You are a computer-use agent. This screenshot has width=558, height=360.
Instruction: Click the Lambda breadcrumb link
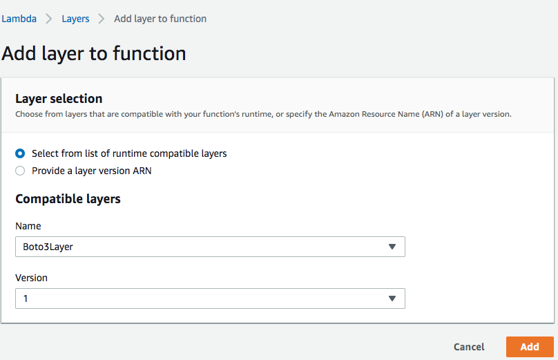(19, 19)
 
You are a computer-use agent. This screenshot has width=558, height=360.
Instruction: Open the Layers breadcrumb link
(75, 19)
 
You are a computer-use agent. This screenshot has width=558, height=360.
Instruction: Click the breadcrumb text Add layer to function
(160, 19)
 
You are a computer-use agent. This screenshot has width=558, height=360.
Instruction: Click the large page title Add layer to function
(94, 54)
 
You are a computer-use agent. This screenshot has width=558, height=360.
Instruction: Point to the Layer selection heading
(59, 99)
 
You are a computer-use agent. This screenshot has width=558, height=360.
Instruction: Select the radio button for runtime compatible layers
(20, 153)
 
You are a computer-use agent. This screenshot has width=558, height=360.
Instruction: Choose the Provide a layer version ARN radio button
(20, 171)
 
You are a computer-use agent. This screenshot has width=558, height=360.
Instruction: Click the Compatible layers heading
(68, 199)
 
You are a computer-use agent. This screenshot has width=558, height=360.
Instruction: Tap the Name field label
(28, 226)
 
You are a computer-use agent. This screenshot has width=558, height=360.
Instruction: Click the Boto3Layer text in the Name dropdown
(48, 247)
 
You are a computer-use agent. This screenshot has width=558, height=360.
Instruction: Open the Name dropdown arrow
(392, 247)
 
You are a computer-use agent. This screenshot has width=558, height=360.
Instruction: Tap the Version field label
(31, 278)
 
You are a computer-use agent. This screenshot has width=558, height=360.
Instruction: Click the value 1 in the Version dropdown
(26, 299)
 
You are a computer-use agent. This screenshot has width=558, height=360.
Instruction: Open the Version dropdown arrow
(392, 299)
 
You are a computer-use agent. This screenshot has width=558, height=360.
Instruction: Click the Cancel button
(469, 347)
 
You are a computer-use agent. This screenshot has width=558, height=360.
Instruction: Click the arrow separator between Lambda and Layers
(49, 19)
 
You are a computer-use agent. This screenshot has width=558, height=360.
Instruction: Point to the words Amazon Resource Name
(374, 114)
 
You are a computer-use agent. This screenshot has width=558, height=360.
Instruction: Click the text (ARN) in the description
(432, 114)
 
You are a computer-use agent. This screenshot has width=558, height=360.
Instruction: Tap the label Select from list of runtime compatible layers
(129, 153)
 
